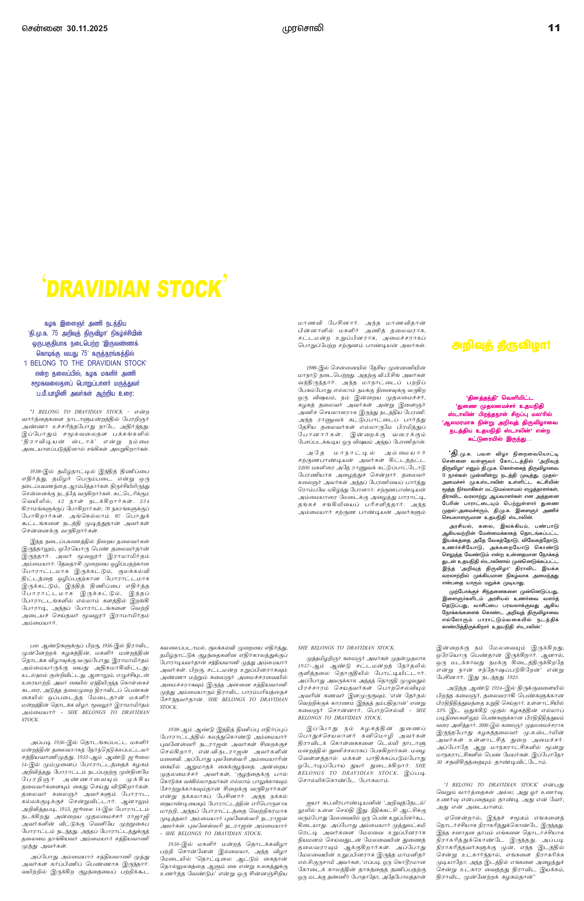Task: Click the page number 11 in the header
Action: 554,28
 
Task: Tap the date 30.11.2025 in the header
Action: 87,29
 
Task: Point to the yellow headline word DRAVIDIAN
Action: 98,290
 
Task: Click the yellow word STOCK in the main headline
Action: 189,290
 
